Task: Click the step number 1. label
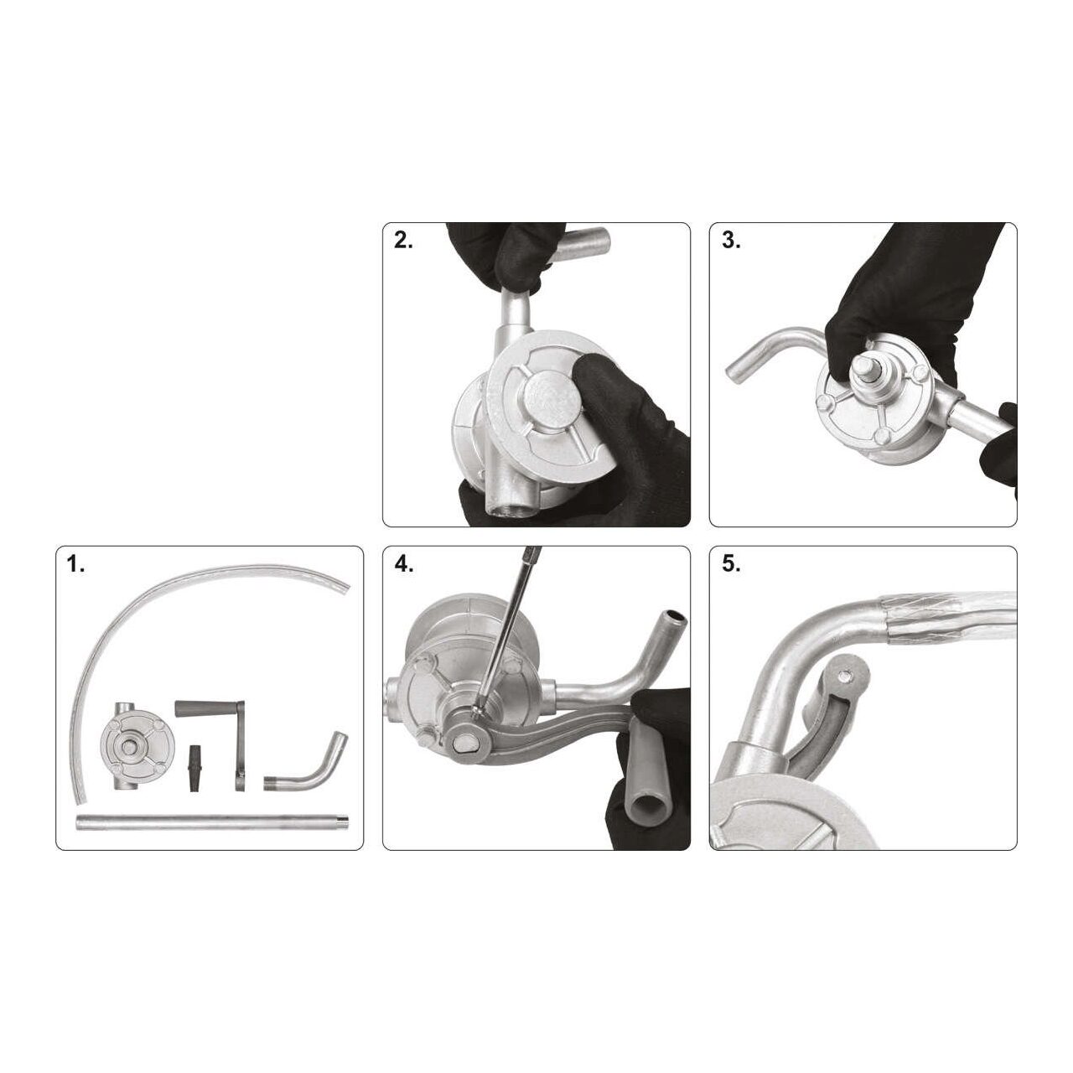coord(75,565)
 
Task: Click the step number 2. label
coord(403,241)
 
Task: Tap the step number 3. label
coord(730,241)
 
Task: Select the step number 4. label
coord(404,565)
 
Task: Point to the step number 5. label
coord(730,565)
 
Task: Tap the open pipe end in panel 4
coord(673,616)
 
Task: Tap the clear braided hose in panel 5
coord(946,617)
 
